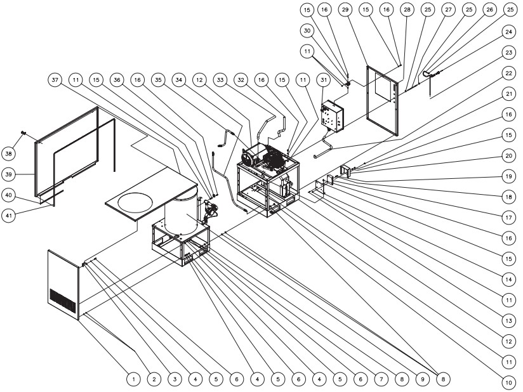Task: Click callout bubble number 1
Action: (x=133, y=379)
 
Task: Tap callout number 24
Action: (x=508, y=32)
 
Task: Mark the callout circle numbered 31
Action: (x=325, y=80)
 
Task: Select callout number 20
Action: (x=508, y=155)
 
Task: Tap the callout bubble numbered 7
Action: (x=380, y=379)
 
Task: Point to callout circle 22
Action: (x=508, y=73)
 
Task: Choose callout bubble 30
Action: (x=306, y=31)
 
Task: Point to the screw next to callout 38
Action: (x=23, y=131)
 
